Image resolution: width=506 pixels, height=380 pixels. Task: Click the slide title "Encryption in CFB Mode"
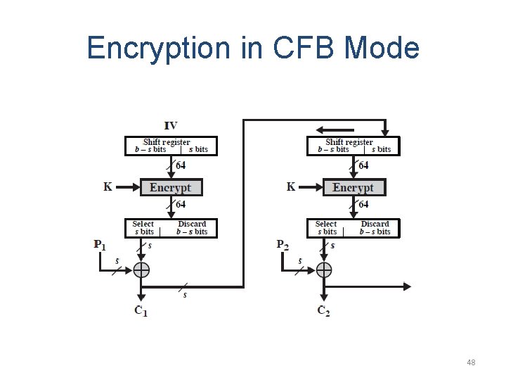click(x=253, y=48)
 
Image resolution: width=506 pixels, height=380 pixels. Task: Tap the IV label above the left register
click(x=171, y=126)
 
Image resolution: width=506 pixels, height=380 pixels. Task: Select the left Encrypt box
click(x=170, y=187)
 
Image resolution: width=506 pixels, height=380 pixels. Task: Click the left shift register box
click(x=171, y=146)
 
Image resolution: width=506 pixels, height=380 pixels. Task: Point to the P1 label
click(x=100, y=245)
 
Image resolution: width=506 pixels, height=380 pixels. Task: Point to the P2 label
click(x=283, y=245)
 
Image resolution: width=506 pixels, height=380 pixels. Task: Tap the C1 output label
click(x=141, y=311)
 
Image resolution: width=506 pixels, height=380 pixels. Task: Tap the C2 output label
click(x=324, y=311)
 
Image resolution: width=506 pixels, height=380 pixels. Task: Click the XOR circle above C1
click(x=142, y=270)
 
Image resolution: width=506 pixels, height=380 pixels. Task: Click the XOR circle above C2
click(x=324, y=270)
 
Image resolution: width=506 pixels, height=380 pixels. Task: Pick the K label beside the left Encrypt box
click(x=108, y=186)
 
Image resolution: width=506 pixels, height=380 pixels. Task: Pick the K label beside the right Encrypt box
click(x=291, y=186)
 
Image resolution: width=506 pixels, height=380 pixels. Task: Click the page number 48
click(x=471, y=362)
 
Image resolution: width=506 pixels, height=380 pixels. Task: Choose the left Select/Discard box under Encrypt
click(x=171, y=228)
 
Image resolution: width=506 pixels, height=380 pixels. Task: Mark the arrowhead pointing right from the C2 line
click(x=407, y=286)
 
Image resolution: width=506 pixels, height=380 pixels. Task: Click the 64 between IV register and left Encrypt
click(x=181, y=165)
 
